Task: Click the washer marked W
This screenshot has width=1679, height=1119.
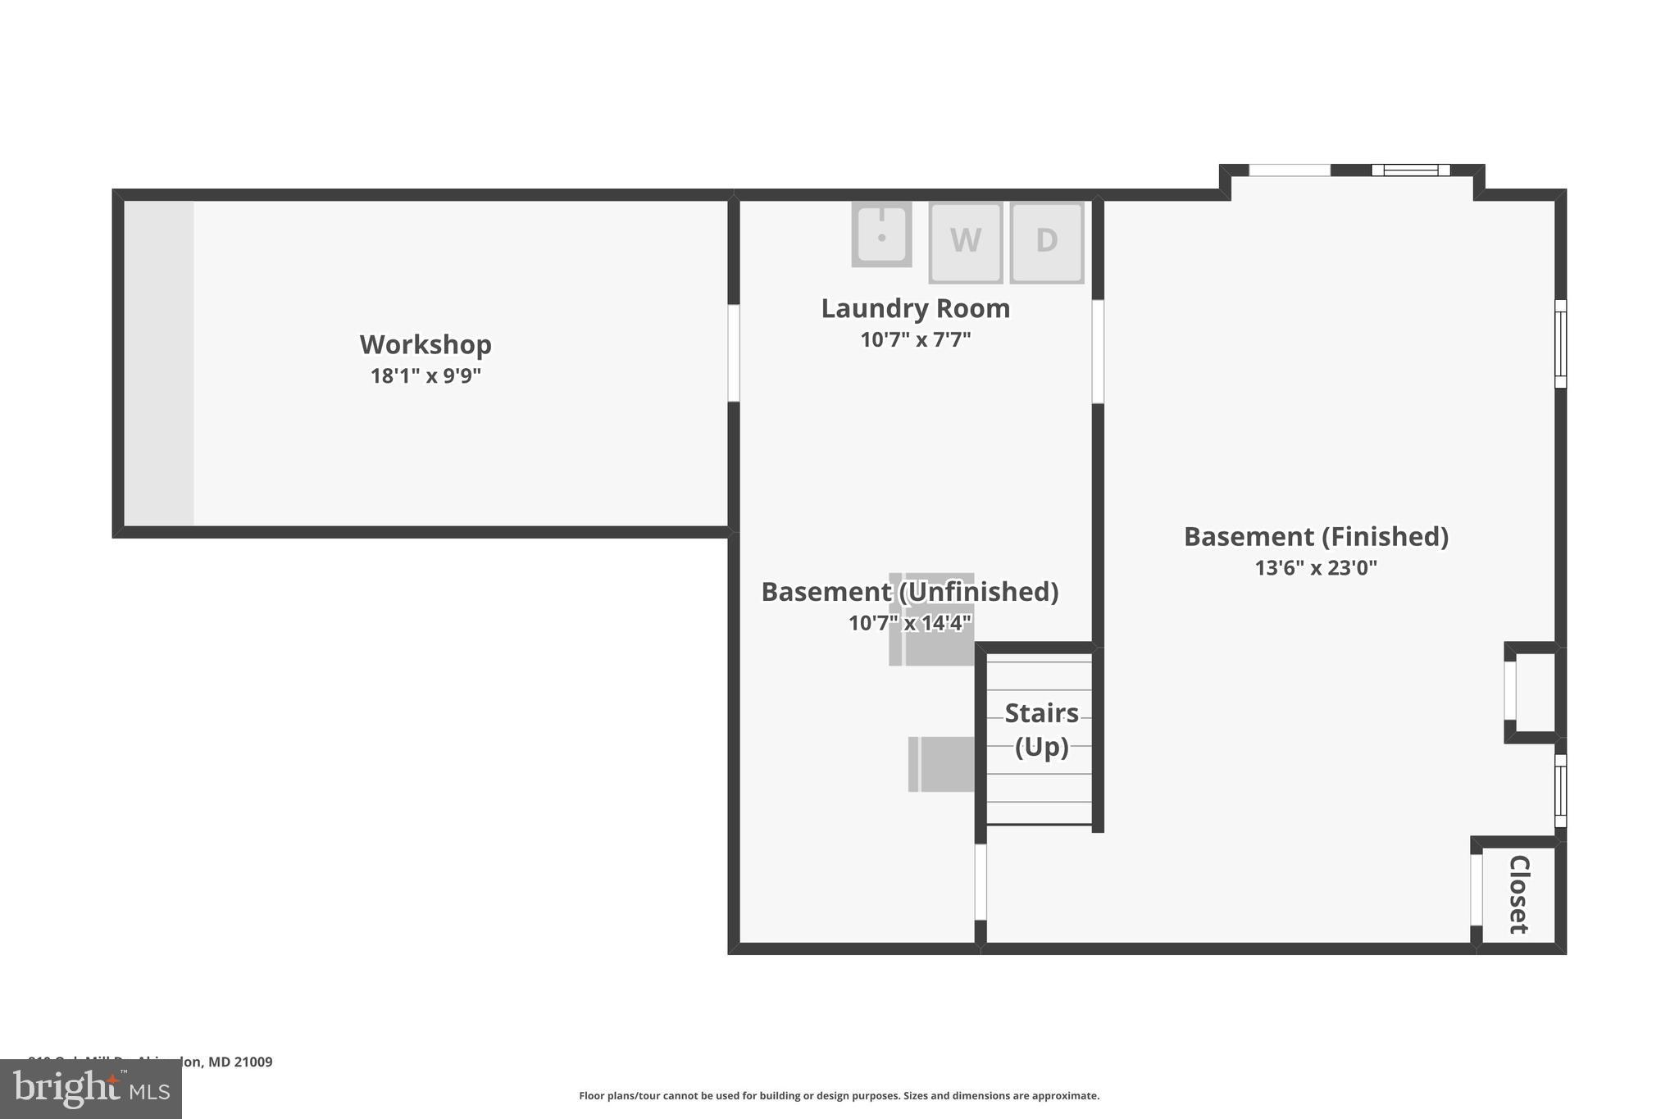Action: coord(965,242)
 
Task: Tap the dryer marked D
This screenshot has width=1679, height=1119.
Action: coord(1046,242)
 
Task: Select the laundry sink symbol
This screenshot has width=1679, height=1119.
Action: coord(881,234)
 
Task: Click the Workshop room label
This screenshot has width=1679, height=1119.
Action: coord(425,344)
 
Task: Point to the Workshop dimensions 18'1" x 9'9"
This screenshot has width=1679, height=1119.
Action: coord(425,376)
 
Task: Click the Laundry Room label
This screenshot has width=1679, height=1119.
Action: coord(915,309)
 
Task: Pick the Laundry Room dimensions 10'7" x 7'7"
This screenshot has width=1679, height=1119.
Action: coord(915,339)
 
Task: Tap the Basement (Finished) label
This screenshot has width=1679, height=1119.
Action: coord(1316,537)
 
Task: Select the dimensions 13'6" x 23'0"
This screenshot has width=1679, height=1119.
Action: coord(1316,567)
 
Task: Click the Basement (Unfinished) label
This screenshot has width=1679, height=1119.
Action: coord(909,592)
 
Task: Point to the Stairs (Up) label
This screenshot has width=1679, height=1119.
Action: coord(1041,730)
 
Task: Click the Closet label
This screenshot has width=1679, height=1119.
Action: coord(1518,894)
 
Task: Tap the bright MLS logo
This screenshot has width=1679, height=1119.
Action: coord(91,1089)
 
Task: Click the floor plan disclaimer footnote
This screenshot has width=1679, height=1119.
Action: coord(839,1096)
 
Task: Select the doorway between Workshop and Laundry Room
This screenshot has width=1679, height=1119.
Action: coord(734,353)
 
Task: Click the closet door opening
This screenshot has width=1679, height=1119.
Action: coord(1477,889)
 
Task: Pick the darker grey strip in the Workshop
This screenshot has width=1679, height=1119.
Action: coord(159,363)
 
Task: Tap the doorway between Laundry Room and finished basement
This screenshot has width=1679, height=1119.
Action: coord(1098,352)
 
